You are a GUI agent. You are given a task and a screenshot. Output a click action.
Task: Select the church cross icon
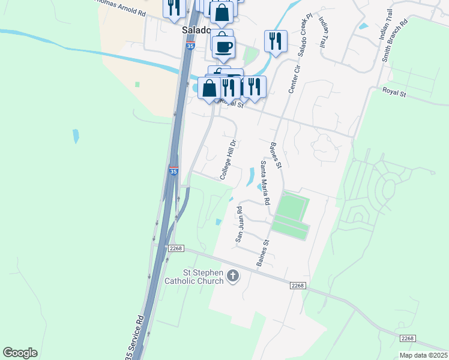tap(232, 276)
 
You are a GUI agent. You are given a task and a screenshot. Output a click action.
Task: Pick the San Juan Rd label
tap(240, 224)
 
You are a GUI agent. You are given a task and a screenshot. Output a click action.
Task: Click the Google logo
tap(20, 353)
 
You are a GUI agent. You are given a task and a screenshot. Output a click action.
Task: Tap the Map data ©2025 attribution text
tap(423, 355)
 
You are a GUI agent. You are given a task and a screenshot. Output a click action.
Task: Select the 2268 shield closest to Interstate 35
tap(175, 248)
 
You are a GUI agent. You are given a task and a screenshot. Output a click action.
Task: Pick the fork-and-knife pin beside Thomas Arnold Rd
tap(174, 7)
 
